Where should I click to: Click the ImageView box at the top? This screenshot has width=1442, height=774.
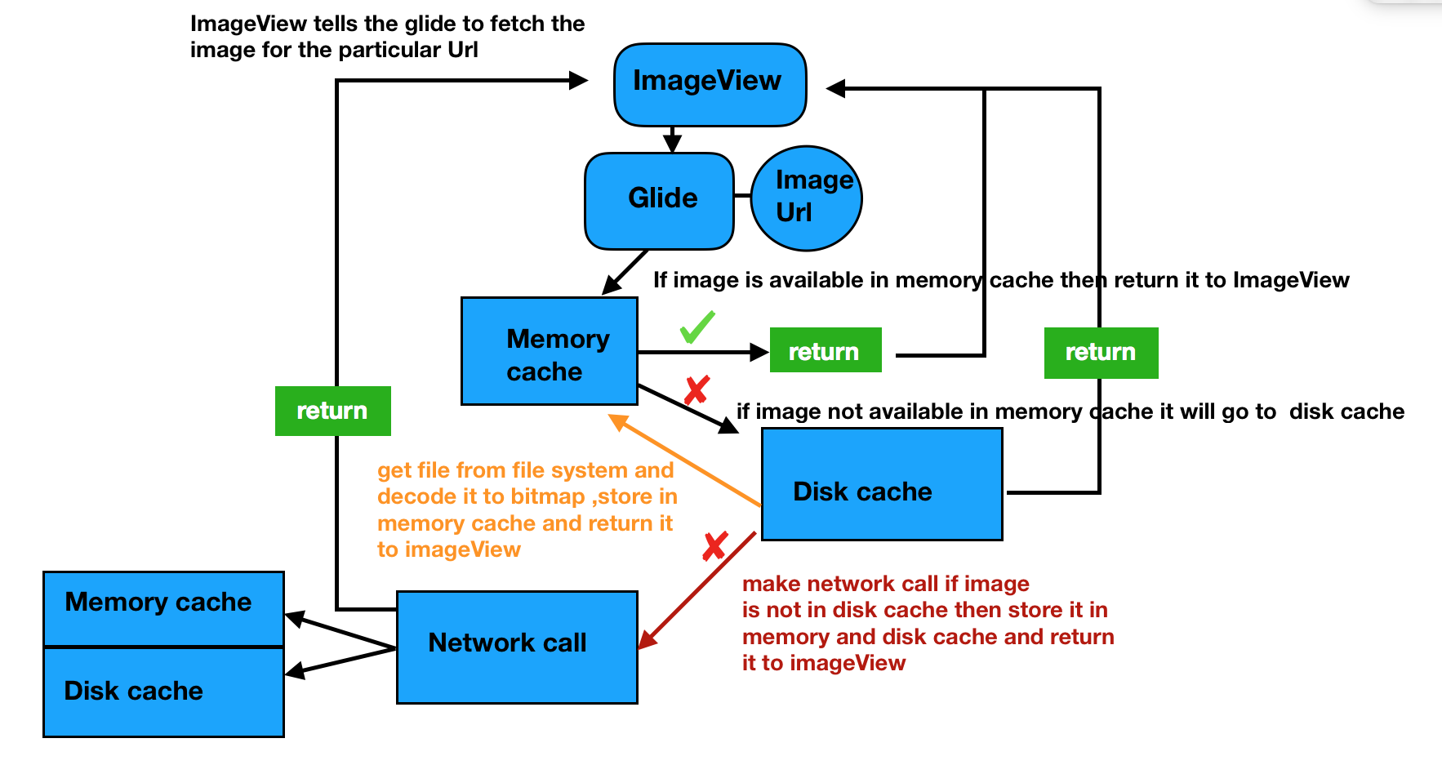click(710, 85)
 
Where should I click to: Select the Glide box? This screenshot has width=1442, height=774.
click(659, 201)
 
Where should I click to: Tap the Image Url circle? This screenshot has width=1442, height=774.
click(806, 198)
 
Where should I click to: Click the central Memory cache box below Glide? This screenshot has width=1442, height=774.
click(549, 352)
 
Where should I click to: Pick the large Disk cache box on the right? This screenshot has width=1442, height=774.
click(882, 484)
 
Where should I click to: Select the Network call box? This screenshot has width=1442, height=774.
click(517, 647)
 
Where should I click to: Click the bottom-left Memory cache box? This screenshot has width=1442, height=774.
click(163, 608)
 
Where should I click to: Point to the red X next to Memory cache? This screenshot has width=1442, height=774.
click(697, 390)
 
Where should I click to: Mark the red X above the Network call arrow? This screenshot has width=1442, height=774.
click(715, 546)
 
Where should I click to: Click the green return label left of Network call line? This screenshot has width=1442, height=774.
click(332, 411)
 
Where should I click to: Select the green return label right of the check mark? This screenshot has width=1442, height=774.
click(825, 351)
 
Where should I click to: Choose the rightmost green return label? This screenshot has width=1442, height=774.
click(1101, 353)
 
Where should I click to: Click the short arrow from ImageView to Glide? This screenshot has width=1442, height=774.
click(672, 140)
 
